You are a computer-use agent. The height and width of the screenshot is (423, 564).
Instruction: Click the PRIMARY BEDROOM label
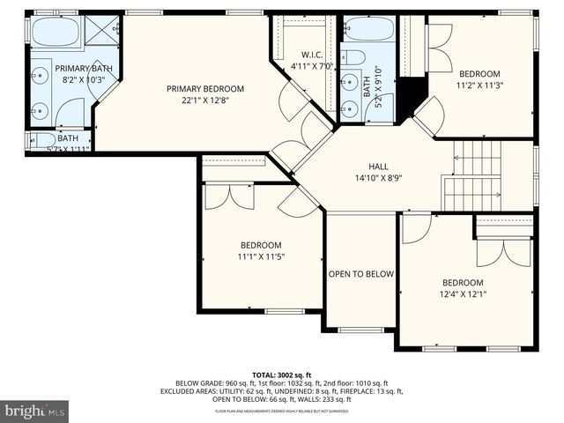point(205,89)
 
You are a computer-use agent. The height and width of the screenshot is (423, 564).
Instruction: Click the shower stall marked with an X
point(104,32)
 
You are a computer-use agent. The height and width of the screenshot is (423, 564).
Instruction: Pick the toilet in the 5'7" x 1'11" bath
point(40,139)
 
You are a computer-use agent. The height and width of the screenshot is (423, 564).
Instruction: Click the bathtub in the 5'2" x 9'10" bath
point(368,29)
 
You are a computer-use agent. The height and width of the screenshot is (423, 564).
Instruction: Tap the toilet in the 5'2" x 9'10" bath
point(353,58)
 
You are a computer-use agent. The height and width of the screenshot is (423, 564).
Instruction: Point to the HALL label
point(378,166)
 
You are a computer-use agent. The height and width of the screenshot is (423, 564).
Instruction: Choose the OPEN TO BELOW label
point(360,274)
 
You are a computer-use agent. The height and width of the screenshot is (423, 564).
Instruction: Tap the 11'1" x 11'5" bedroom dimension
point(261,256)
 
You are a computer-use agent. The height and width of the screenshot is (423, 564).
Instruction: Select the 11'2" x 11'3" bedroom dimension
point(480,85)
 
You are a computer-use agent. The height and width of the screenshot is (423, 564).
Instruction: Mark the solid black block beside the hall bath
point(406,98)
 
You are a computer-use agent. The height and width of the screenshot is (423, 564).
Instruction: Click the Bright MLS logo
point(35,411)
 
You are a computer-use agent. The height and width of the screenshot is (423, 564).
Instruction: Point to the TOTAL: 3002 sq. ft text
point(281,375)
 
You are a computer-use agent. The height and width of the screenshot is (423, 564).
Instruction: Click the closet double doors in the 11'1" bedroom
point(229,196)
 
